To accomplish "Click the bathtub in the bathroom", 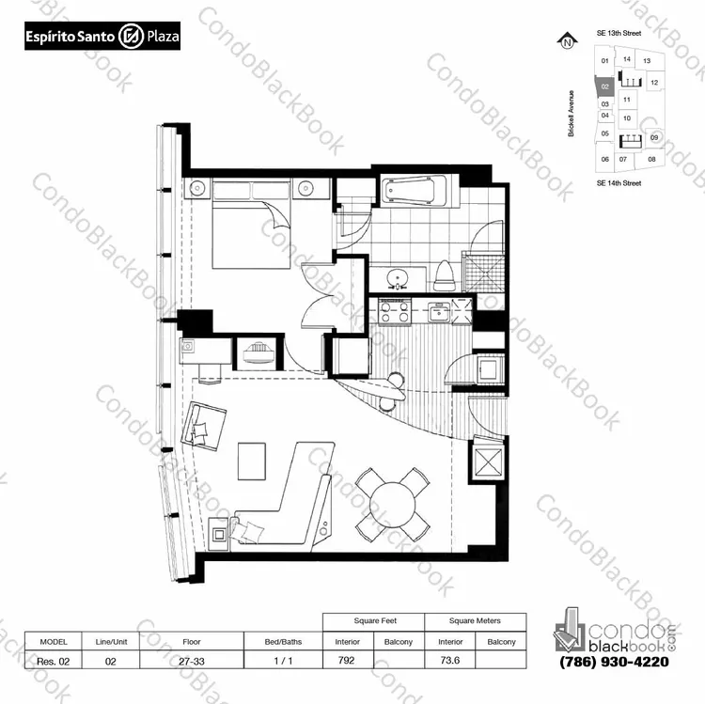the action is click(414, 191).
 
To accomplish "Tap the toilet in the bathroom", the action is click(446, 275).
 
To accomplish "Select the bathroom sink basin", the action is click(398, 278).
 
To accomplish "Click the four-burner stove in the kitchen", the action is click(395, 311).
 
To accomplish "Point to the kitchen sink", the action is click(439, 311).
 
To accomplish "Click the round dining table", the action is click(393, 505).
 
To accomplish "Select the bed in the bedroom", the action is click(251, 225).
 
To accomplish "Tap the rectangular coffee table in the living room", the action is click(252, 462).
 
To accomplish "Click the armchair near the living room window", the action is click(203, 426).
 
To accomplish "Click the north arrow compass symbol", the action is click(568, 41).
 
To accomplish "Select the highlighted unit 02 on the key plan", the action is click(604, 86).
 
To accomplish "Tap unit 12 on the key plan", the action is click(654, 83).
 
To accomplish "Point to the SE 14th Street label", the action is click(619, 183).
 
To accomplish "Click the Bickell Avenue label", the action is click(571, 114).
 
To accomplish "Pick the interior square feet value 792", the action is click(347, 661).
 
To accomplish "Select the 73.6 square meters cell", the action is click(449, 661).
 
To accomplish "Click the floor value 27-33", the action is click(192, 662).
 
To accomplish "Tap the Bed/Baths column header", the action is click(283, 642).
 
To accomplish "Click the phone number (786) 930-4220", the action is click(614, 662).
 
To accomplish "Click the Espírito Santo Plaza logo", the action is click(102, 36).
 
